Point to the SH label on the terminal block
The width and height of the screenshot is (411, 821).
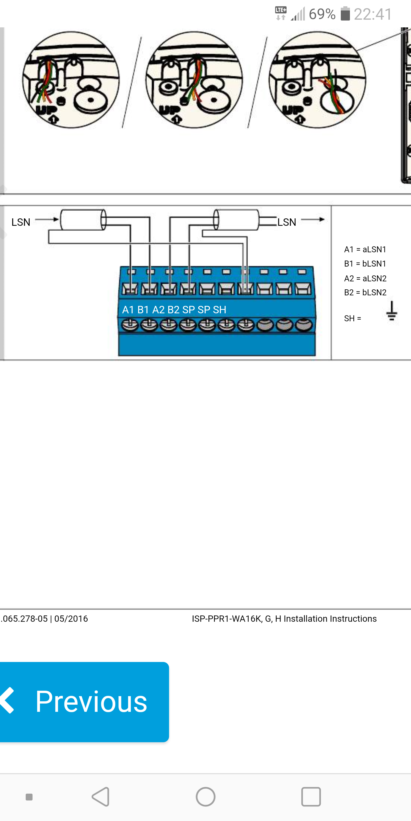(219, 310)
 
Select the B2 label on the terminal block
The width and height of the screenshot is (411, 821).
(174, 310)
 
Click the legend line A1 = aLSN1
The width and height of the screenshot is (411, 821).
(365, 249)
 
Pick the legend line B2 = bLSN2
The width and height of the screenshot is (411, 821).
(365, 292)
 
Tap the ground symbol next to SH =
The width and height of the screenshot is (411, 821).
(392, 311)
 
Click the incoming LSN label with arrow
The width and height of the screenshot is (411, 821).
(21, 222)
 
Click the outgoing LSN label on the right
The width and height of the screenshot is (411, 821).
(287, 222)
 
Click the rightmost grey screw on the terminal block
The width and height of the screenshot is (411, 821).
(303, 325)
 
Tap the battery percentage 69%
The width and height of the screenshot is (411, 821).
(322, 14)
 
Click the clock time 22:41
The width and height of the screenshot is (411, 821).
(373, 14)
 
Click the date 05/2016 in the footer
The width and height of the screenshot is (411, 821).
(71, 619)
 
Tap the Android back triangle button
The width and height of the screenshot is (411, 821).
(101, 796)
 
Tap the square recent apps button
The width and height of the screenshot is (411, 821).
(311, 796)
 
